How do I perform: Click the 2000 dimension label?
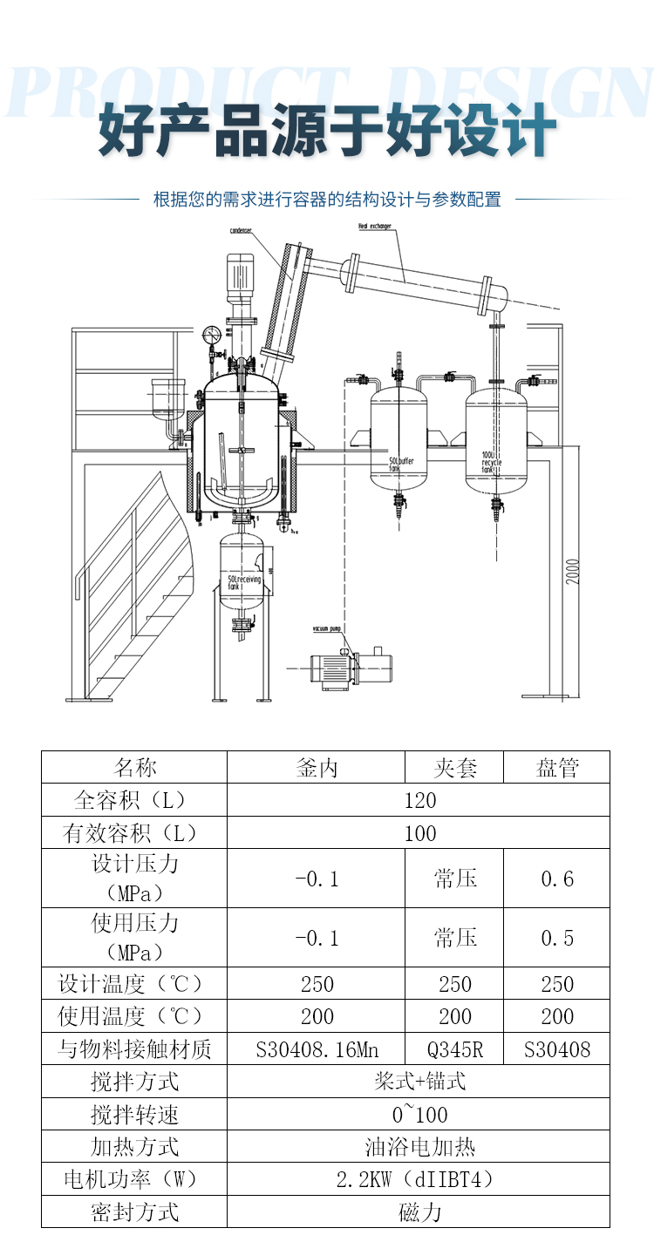[573, 571]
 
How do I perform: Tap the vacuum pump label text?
[330, 627]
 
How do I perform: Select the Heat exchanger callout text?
[374, 226]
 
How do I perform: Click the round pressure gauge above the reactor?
[210, 335]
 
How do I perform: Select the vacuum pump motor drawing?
[349, 669]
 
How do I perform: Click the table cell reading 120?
[419, 800]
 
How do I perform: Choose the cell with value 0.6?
[557, 879]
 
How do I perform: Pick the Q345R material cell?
[455, 1049]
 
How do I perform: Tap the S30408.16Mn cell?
[317, 1049]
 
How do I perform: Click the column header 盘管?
[557, 768]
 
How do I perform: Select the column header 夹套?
[455, 768]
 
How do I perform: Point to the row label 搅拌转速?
[135, 1115]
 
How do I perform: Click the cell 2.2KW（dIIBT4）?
[419, 1180]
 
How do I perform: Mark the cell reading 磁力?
[419, 1211]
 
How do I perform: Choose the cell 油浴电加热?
[419, 1147]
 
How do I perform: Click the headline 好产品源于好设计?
[327, 131]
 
